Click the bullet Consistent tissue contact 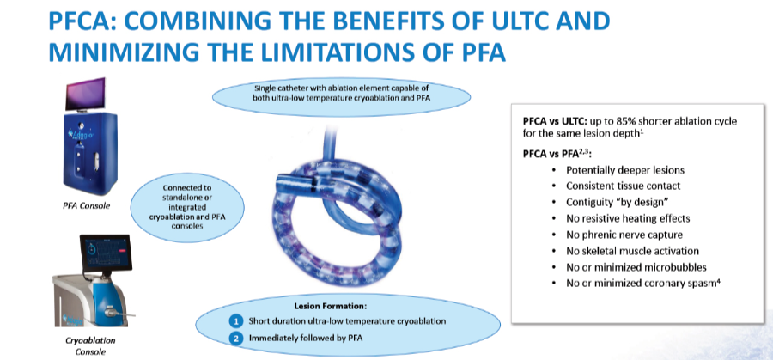click(x=623, y=186)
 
